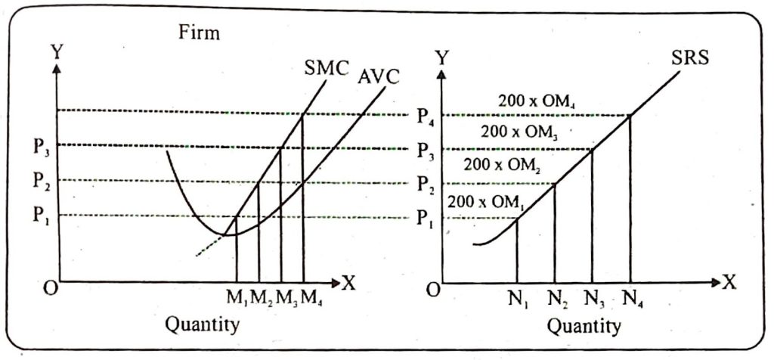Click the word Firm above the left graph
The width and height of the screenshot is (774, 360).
[199, 33]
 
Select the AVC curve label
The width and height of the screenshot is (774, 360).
[379, 77]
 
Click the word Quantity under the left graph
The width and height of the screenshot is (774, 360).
[203, 325]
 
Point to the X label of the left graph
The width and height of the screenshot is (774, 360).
[349, 284]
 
